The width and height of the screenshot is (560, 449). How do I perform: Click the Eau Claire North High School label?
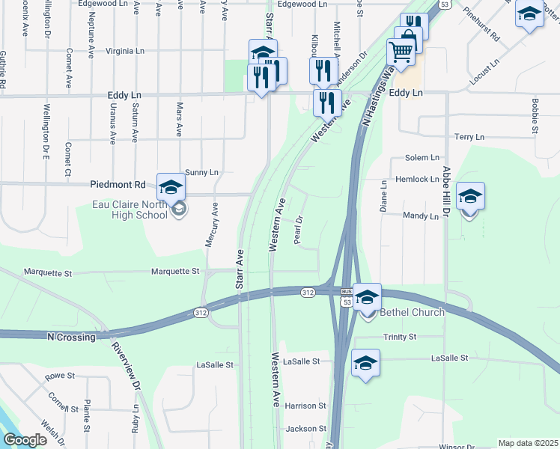[x=130, y=210]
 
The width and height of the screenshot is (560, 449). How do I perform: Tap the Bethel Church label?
[x=412, y=312]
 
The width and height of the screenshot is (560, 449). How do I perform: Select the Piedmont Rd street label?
[x=118, y=184]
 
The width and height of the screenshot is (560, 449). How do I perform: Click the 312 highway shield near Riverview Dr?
[x=200, y=312]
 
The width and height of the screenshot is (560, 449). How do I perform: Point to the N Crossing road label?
[x=71, y=337]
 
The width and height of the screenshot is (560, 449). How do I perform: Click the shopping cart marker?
[x=401, y=52]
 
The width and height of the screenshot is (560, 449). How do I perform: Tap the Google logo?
[x=25, y=440]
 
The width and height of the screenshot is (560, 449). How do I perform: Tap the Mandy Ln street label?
[x=420, y=216]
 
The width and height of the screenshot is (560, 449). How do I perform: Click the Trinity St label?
[x=399, y=337]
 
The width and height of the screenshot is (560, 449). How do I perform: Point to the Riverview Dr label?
[x=126, y=366]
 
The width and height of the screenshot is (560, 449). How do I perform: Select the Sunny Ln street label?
[x=201, y=172]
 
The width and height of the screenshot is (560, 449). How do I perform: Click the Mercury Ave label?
[x=210, y=224]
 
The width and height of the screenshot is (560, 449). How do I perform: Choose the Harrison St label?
[x=305, y=406]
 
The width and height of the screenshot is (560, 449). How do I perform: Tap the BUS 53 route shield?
[x=345, y=296]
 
